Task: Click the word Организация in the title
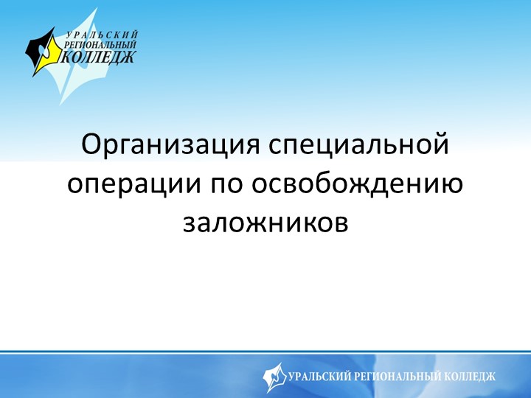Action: click(169, 144)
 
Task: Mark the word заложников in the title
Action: click(265, 222)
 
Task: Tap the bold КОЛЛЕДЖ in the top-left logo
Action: click(100, 56)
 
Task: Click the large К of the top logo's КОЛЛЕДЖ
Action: click(69, 56)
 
